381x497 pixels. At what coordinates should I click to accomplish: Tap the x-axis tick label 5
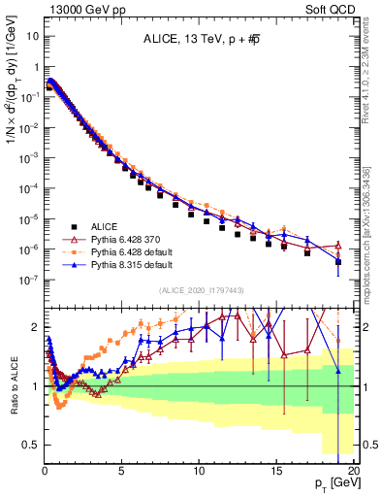click(121, 469)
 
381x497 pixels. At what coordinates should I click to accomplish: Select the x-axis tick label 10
click(199, 469)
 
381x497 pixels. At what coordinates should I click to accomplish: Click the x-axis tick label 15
click(276, 469)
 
